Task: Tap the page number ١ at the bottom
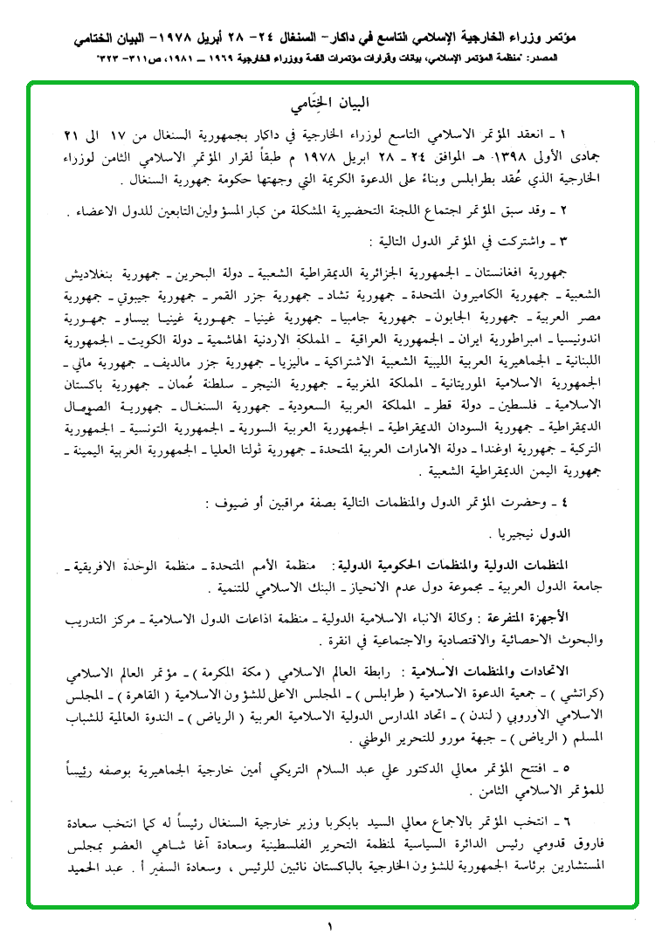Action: (x=331, y=924)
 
